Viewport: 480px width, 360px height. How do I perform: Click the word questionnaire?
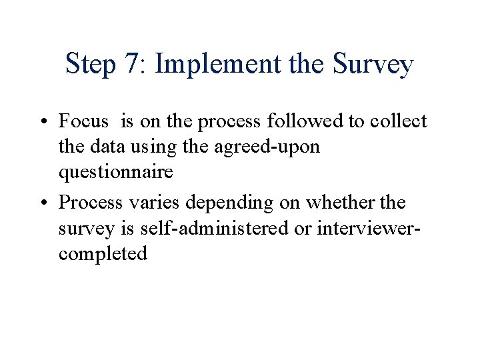point(116,173)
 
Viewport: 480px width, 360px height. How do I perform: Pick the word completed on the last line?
point(103,253)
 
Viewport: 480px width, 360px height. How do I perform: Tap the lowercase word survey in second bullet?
point(84,228)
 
